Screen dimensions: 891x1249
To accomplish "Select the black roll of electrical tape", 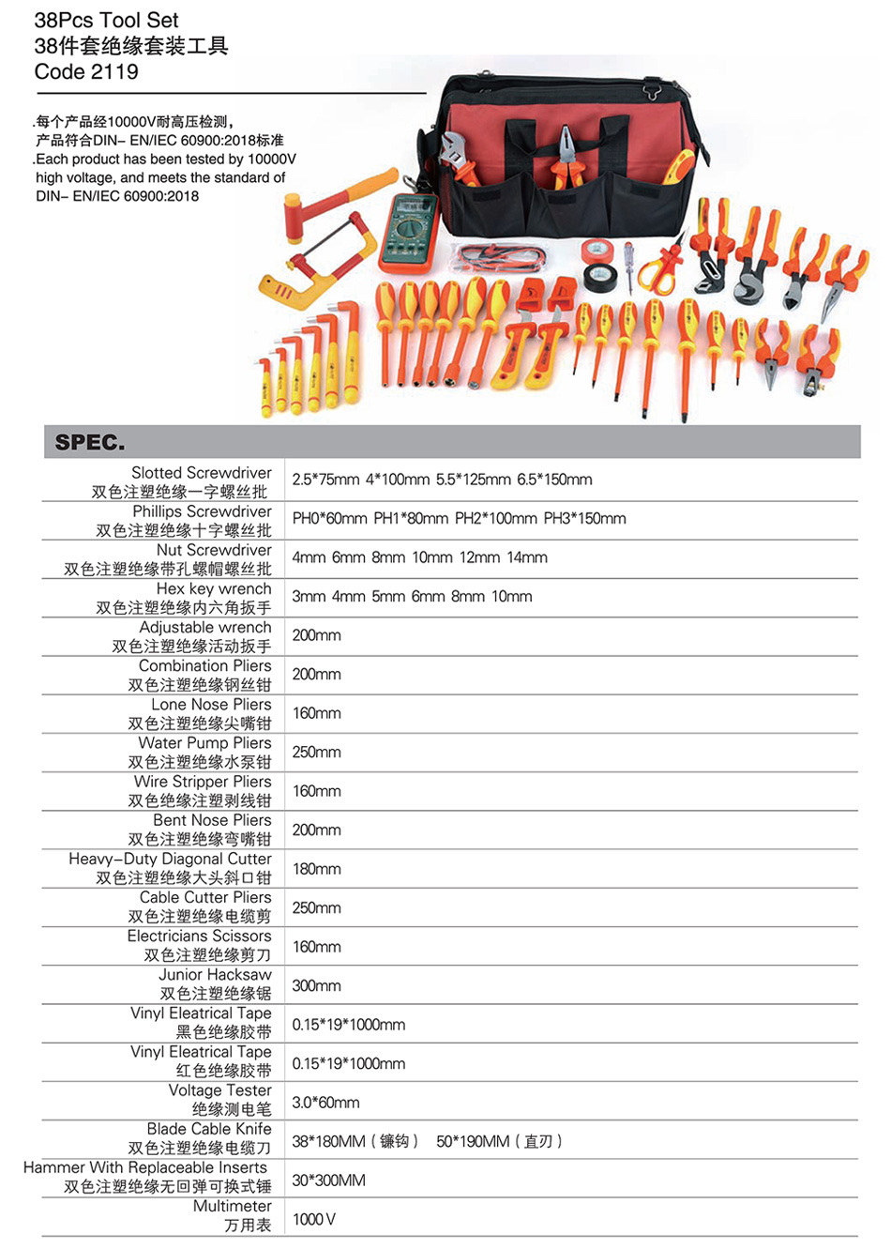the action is (x=600, y=278).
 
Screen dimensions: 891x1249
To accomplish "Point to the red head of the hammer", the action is (x=294, y=219).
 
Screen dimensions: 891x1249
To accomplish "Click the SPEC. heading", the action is (x=90, y=442).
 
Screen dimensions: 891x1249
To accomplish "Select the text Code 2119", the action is (x=85, y=71).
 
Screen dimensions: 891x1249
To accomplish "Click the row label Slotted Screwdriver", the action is (x=201, y=472).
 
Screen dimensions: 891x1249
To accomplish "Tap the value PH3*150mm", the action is (x=584, y=519).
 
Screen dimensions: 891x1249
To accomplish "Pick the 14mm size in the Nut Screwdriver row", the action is (x=526, y=557).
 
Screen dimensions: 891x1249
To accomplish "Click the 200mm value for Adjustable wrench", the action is (x=316, y=635).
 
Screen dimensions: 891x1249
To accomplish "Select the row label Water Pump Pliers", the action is (x=204, y=742).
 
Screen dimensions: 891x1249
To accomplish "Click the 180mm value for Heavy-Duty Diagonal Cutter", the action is (x=316, y=869).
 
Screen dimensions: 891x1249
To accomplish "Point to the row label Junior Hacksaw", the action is (x=215, y=974).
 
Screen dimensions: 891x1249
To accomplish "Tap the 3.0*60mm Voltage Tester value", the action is (x=325, y=1103).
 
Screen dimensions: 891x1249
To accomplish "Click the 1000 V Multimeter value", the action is (x=313, y=1220).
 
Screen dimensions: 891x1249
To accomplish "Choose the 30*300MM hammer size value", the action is (x=329, y=1180).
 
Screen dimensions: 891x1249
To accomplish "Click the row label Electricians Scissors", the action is (x=199, y=936).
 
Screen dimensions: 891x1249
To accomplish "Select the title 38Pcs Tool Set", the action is (x=106, y=21).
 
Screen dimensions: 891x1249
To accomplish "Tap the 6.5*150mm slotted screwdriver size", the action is (x=554, y=480).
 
